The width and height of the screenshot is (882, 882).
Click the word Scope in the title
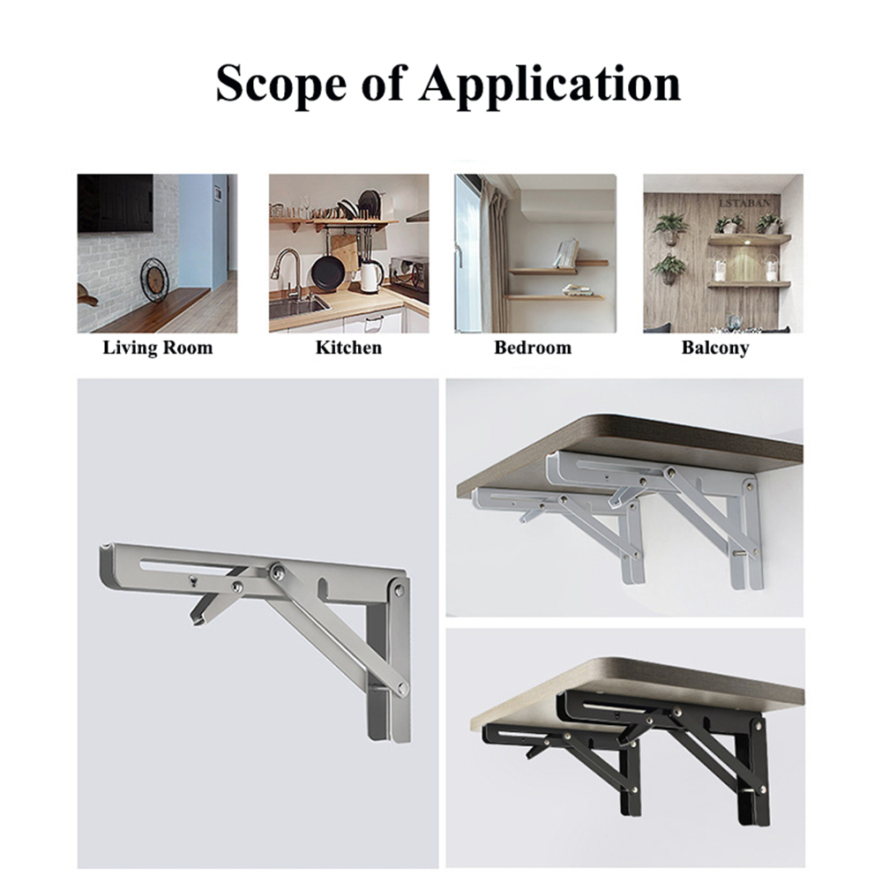coord(280,83)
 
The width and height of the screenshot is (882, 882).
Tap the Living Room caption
coord(158,348)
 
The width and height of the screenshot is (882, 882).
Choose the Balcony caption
coord(715,348)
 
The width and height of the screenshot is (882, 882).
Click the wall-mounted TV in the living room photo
coord(116,203)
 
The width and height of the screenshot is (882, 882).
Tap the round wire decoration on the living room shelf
coord(154,280)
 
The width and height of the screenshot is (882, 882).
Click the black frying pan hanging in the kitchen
coord(328,272)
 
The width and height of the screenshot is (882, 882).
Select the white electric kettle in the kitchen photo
coord(370,276)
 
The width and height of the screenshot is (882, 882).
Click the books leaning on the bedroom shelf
coord(566,253)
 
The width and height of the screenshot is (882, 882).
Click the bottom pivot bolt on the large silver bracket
coord(402,688)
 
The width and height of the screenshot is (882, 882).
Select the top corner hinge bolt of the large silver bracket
coord(399,590)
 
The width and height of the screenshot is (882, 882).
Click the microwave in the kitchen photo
coord(409,273)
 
